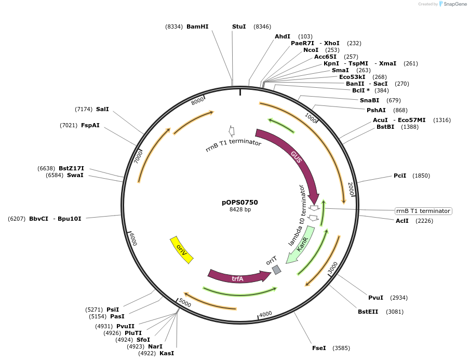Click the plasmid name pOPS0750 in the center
(x=240, y=203)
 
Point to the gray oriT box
(x=276, y=270)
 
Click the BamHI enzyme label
(x=197, y=26)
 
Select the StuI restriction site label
(x=239, y=26)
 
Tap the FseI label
(x=319, y=347)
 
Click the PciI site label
(x=400, y=176)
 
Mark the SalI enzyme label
(x=102, y=109)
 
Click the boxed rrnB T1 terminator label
(x=423, y=211)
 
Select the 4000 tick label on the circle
(x=265, y=314)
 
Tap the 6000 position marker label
(x=133, y=239)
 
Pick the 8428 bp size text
(x=240, y=210)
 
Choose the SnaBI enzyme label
(x=369, y=100)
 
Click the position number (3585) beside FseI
(x=342, y=347)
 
